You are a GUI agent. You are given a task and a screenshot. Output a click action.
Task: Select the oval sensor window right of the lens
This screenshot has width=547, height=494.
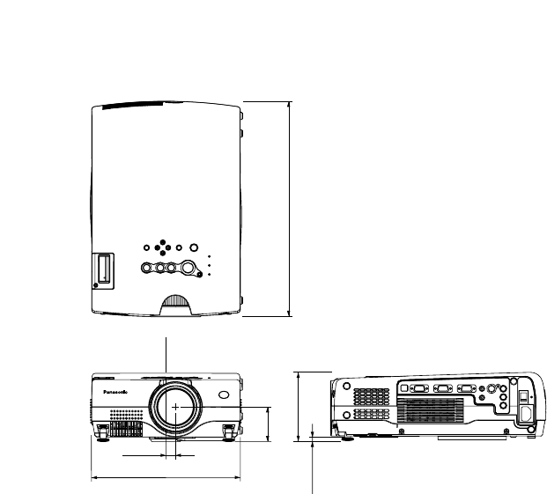(223, 397)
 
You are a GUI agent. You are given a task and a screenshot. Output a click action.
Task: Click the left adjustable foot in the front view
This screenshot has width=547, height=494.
(103, 431)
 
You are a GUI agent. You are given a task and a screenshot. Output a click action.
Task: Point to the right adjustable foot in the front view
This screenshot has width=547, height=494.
(230, 431)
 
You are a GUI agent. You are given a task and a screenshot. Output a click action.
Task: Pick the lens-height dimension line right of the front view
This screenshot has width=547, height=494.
(268, 424)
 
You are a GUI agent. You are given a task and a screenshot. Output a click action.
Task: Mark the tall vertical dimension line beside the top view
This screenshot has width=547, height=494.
(289, 208)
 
